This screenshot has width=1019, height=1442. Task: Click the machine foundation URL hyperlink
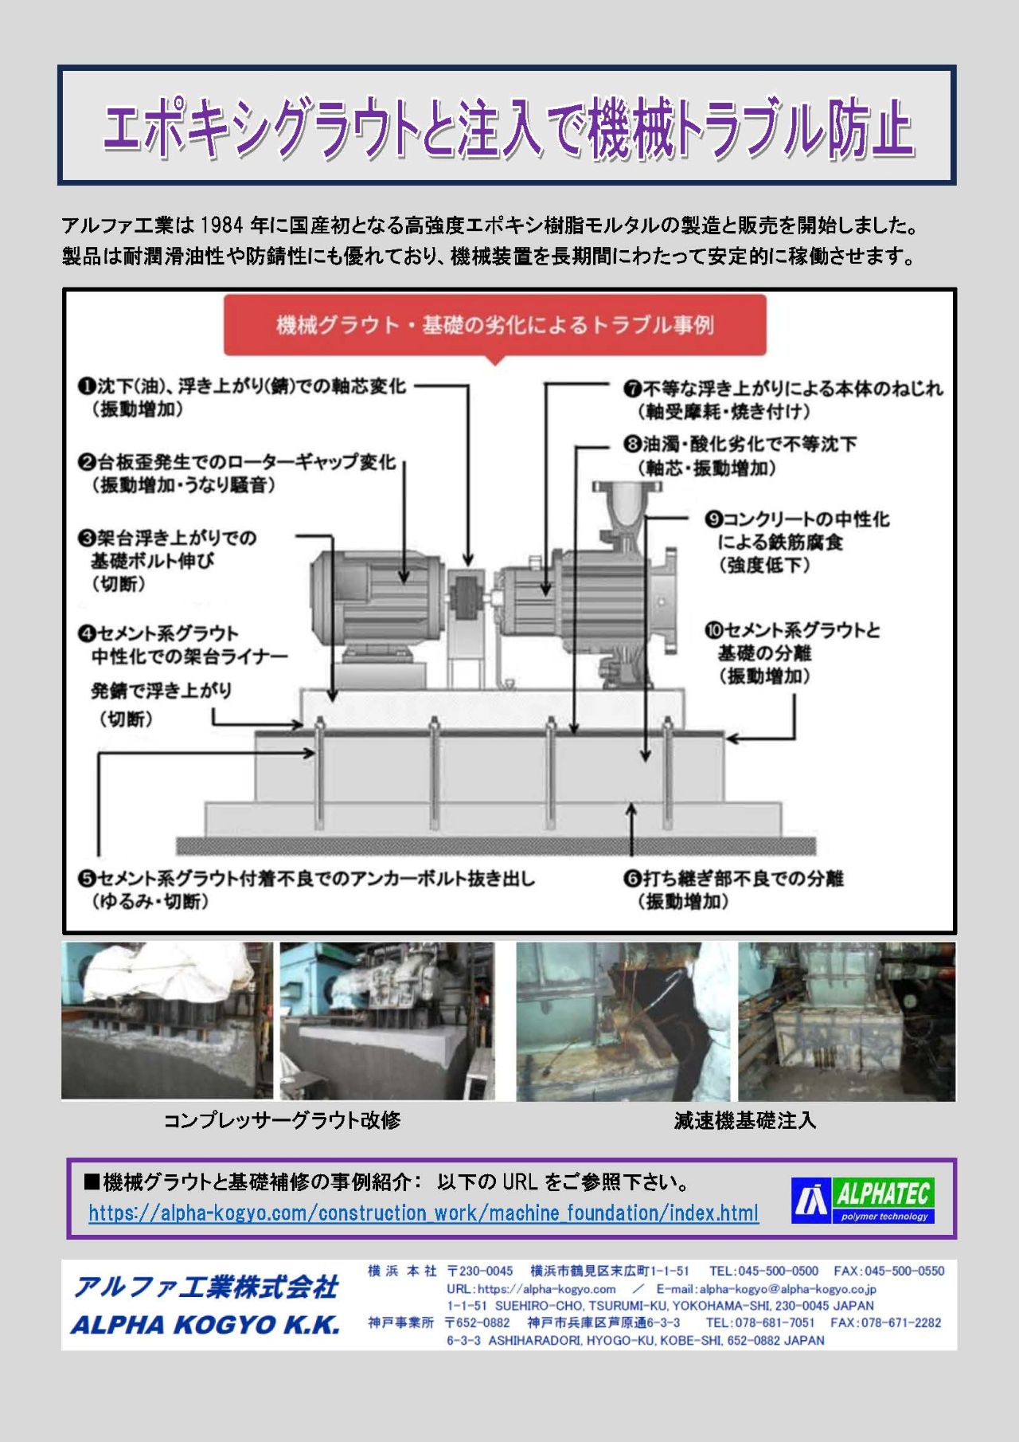424,1213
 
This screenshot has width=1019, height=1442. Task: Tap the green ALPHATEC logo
863,1201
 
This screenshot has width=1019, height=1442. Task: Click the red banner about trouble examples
494,325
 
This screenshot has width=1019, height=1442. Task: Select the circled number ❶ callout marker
87,386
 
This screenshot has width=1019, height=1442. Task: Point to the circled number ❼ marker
633,389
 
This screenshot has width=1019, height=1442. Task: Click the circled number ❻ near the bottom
633,878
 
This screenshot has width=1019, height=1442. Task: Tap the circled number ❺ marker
87,878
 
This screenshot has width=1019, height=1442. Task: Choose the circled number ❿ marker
713,631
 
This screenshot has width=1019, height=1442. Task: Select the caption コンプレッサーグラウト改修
282,1120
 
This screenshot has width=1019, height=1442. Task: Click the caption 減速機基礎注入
745,1120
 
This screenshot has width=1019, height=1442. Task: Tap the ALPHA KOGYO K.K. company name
205,1324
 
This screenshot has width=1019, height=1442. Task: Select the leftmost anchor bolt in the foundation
319,773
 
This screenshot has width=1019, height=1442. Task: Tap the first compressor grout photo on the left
167,1021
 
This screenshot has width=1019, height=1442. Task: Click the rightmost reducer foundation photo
847,1022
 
